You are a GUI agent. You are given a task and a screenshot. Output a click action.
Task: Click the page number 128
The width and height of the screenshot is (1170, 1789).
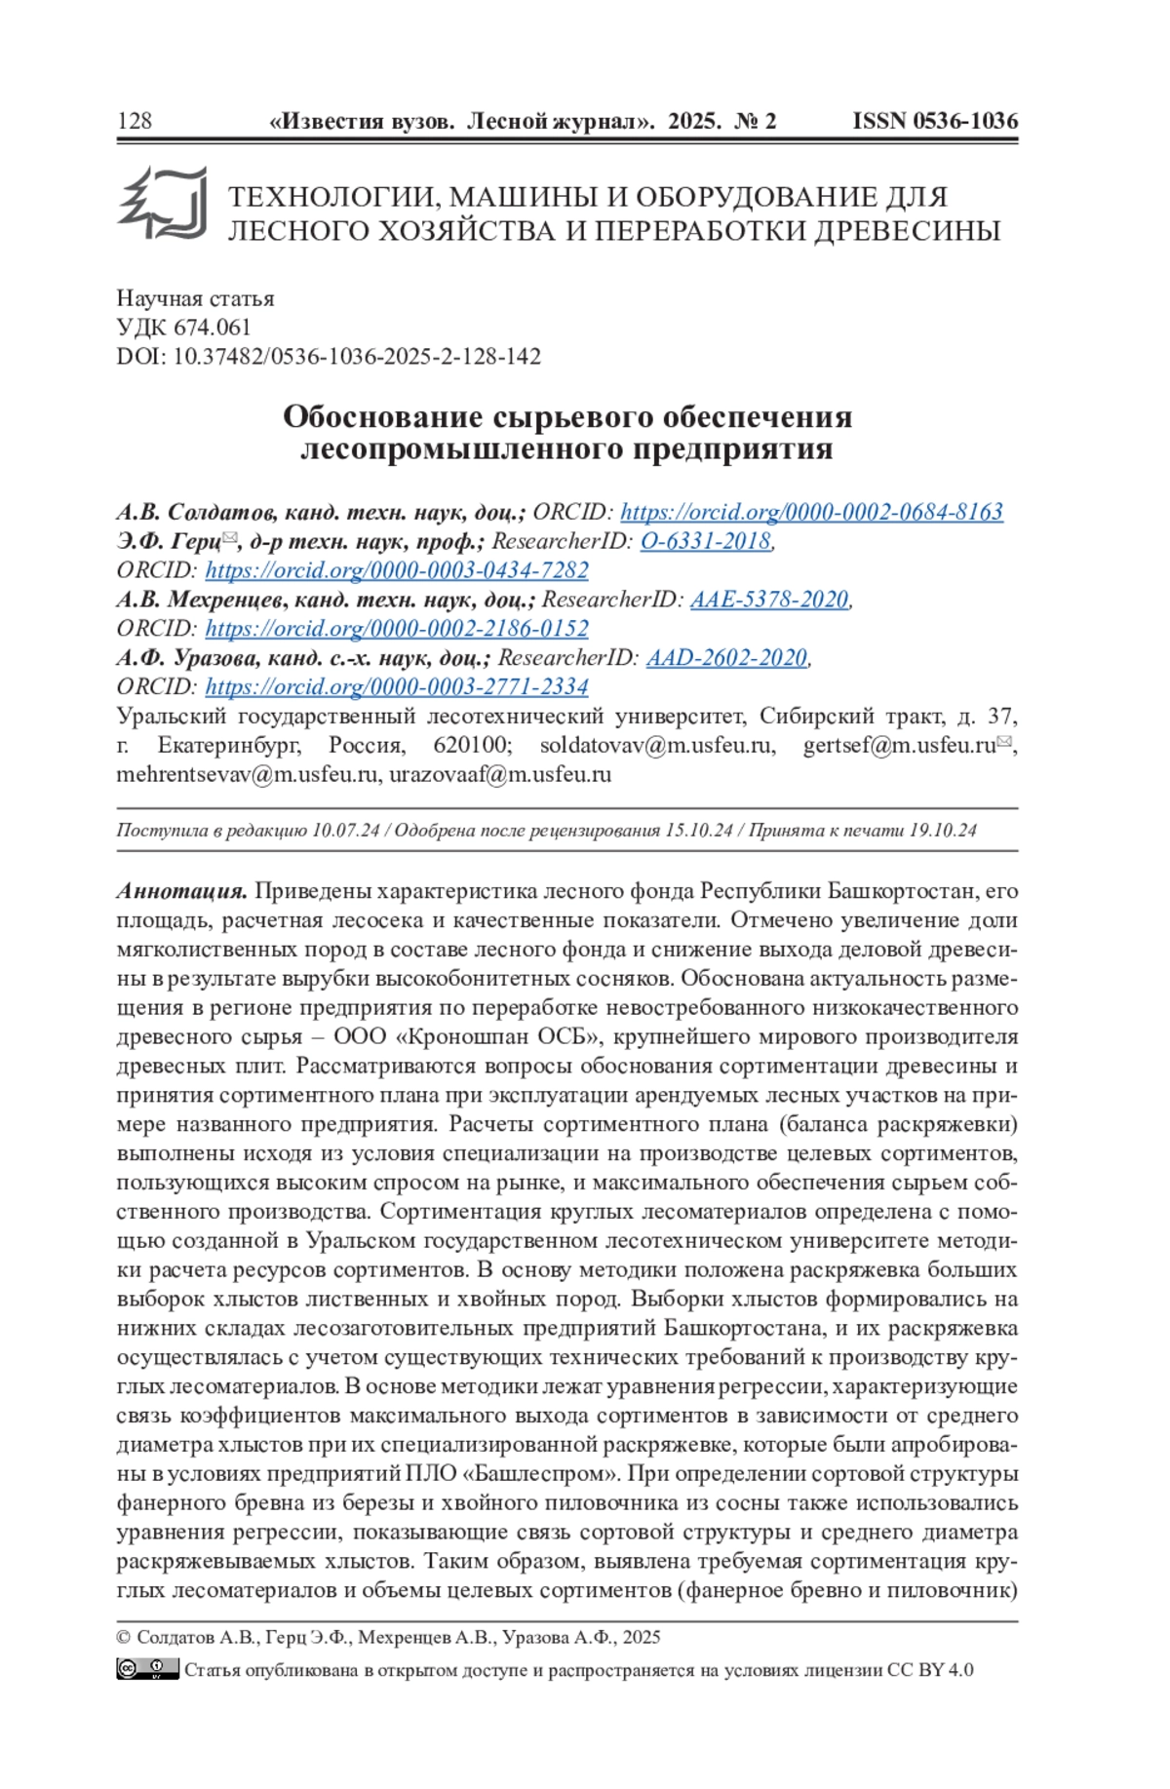pos(135,121)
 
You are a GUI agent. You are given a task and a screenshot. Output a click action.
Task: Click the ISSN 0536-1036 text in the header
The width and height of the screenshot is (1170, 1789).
pos(934,121)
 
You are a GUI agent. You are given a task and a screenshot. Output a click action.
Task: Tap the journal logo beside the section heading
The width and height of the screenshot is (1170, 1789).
pos(163,204)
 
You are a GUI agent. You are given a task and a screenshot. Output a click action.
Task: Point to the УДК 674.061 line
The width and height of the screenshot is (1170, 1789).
pos(183,328)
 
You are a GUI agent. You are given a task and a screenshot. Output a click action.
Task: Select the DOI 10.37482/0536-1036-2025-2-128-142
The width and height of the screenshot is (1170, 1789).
pos(356,357)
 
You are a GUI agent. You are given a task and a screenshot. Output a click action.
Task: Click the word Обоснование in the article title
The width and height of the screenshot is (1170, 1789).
pos(383,417)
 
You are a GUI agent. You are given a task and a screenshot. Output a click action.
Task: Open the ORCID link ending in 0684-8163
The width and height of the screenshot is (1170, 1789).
pos(811,512)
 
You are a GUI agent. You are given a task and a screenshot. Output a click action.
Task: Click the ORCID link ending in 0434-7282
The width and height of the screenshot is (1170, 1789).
pos(397,570)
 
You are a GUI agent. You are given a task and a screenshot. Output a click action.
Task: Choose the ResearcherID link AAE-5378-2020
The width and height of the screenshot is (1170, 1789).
pos(769,600)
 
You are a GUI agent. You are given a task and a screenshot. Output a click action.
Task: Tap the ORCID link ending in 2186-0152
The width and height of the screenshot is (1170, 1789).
pos(397,629)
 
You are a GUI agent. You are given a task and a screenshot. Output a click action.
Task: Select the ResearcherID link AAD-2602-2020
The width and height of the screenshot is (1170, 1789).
pos(726,658)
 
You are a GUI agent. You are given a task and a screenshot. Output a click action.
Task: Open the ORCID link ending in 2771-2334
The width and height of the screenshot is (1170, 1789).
pos(397,687)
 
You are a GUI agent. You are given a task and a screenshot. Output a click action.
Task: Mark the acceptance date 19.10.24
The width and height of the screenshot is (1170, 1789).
pos(942,831)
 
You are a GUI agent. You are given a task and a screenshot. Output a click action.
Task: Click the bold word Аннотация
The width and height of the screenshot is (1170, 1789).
pos(182,891)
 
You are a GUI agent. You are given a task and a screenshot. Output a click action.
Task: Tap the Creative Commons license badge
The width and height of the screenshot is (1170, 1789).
pos(147,1669)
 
